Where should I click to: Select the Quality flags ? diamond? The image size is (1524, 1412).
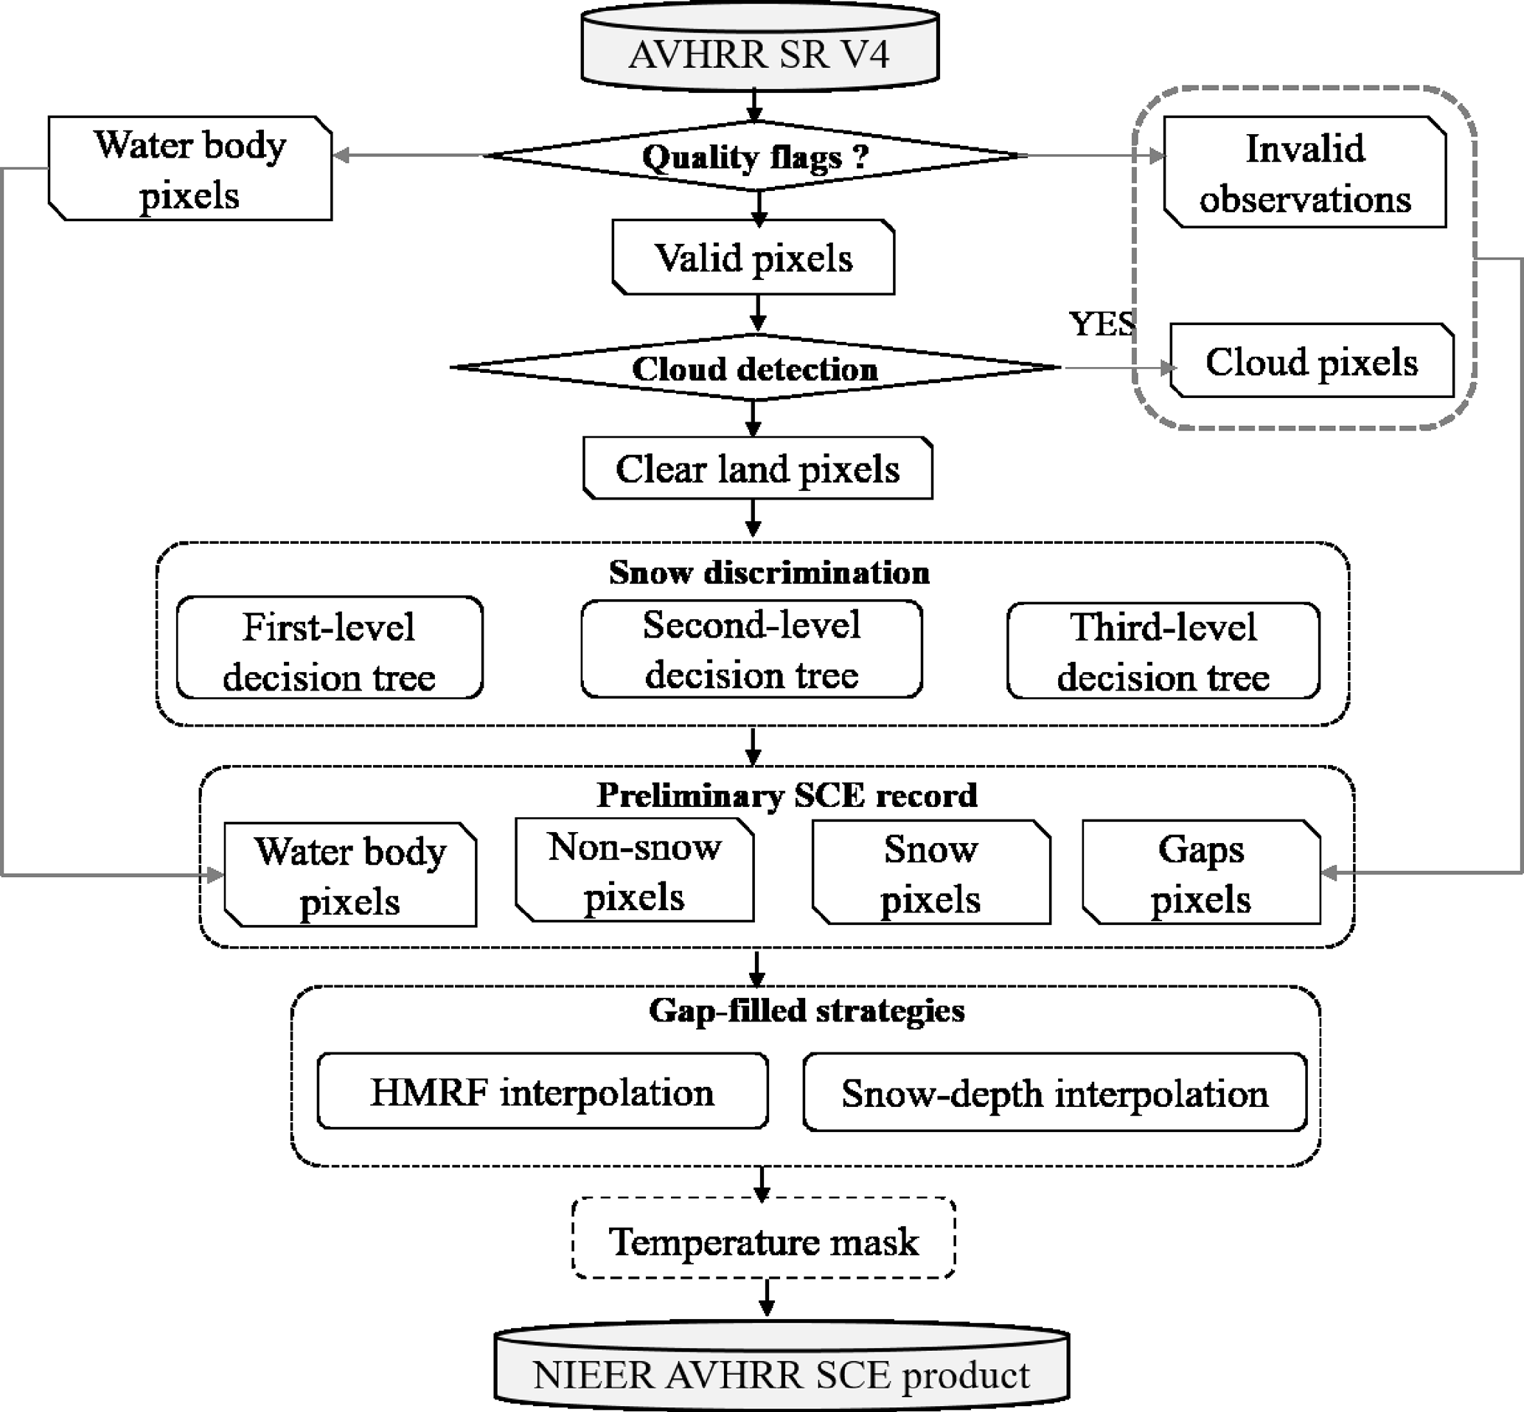click(755, 156)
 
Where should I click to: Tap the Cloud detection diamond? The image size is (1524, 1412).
click(755, 368)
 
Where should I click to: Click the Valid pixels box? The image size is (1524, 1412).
click(754, 257)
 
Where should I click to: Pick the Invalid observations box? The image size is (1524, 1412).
click(1304, 172)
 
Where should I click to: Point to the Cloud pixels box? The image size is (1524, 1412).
click(1312, 361)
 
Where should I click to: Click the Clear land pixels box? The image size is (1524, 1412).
click(757, 469)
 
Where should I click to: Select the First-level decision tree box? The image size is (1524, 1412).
click(330, 649)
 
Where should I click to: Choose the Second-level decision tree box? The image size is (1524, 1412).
click(751, 649)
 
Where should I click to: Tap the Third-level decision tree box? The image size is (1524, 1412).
click(1163, 650)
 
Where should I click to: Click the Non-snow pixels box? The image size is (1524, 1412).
click(634, 870)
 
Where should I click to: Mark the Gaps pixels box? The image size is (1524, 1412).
click(1202, 873)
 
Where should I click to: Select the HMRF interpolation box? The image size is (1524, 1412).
click(542, 1091)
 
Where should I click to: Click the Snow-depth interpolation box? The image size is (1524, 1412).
click(1055, 1093)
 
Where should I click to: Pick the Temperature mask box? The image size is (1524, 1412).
click(764, 1241)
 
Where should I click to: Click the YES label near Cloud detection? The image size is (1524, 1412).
click(1102, 324)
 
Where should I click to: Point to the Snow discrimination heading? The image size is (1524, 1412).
click(769, 573)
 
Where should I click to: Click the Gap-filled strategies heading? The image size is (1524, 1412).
click(807, 1010)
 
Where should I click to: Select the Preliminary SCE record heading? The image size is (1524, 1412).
click(787, 794)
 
